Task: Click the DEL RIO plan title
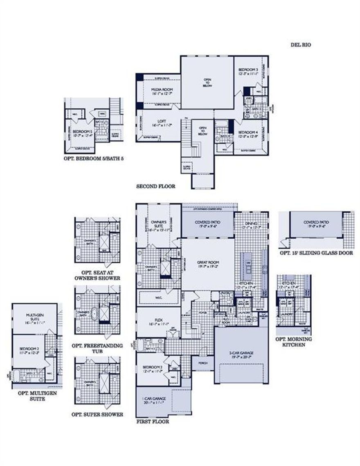tap(301, 45)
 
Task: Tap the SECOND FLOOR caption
tap(155, 186)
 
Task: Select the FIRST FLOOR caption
tap(152, 421)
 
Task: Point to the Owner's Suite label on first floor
tap(158, 224)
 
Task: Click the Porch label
tap(202, 363)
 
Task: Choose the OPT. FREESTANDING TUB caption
tap(97, 348)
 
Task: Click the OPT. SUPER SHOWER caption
tap(97, 414)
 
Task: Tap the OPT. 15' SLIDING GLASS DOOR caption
tap(316, 253)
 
